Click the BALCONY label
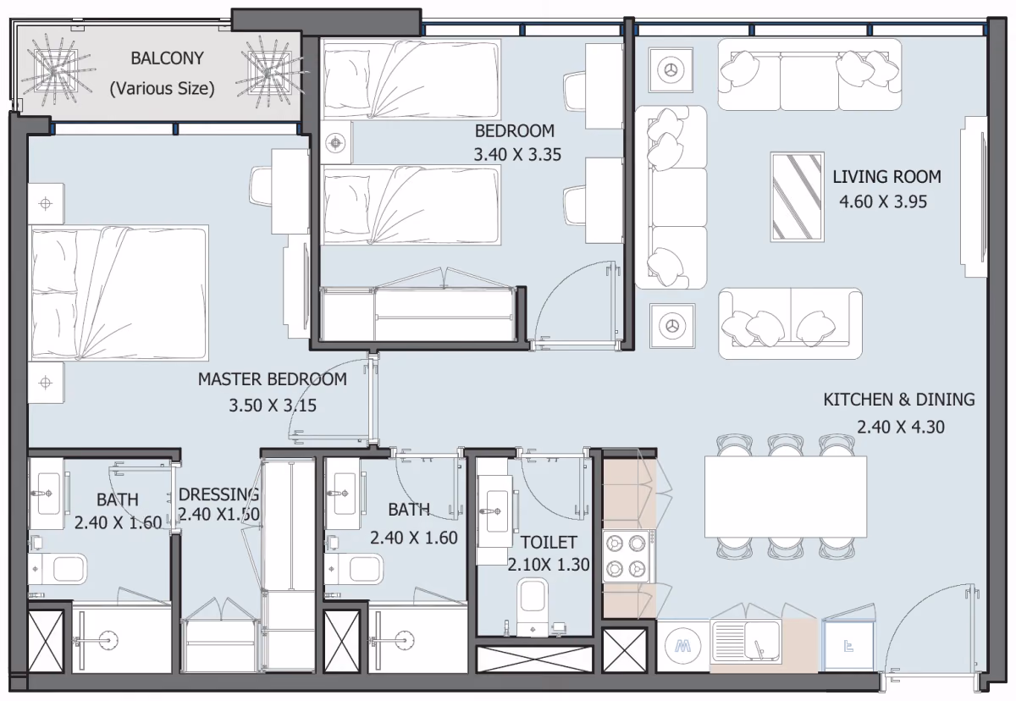(x=167, y=58)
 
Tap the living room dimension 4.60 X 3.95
(x=882, y=201)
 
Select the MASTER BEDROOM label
(x=272, y=379)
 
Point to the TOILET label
(x=549, y=543)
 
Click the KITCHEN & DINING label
(x=899, y=400)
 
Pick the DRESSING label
(x=219, y=494)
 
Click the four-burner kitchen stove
(x=627, y=556)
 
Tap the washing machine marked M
(x=682, y=646)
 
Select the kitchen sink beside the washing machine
(x=746, y=641)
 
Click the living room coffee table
(x=797, y=196)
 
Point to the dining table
(x=785, y=497)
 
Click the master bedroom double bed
(x=119, y=293)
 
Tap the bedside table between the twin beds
(x=335, y=143)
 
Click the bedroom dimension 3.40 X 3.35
(x=517, y=155)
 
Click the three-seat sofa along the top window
(x=809, y=75)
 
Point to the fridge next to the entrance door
(x=848, y=646)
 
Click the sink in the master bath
(x=47, y=494)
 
